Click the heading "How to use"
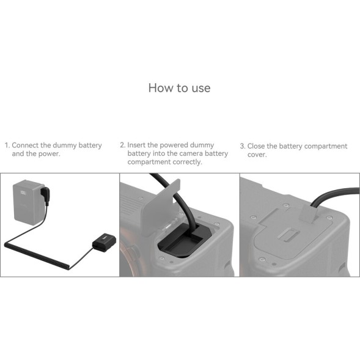click(179, 88)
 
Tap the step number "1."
click(7, 146)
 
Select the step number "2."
click(122, 145)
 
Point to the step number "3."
click(242, 147)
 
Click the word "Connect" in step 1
click(27, 146)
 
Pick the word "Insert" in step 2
click(138, 145)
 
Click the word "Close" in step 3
click(257, 147)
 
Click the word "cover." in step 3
click(257, 155)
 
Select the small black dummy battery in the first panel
click(100, 245)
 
